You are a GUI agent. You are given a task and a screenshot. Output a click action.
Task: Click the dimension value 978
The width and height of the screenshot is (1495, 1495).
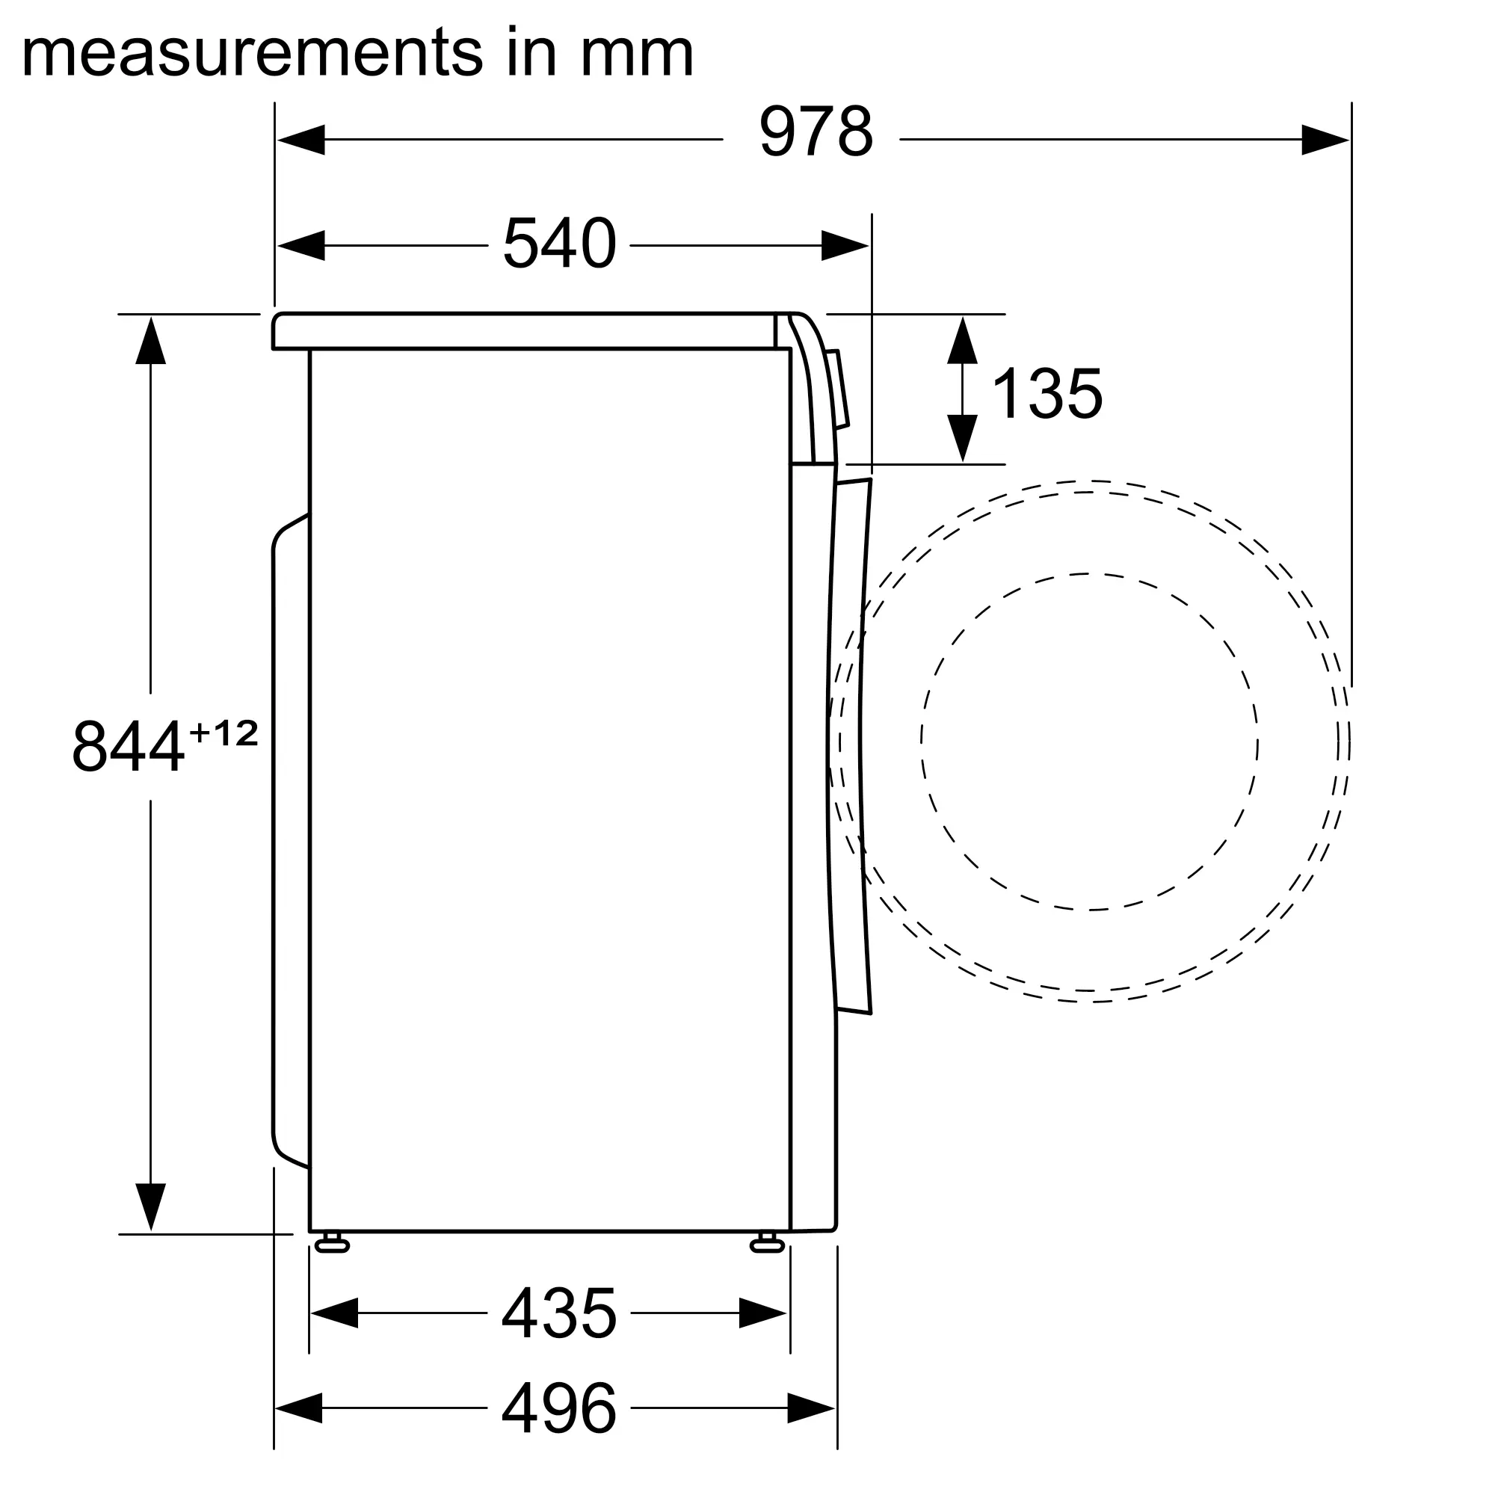coord(816,132)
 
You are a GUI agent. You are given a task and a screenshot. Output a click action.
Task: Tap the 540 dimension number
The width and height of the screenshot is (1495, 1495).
coord(559,244)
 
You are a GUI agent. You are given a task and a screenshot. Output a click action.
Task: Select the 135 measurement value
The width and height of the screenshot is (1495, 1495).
coord(1047,394)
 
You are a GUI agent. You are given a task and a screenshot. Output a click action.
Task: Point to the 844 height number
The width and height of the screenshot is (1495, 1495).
coord(129,747)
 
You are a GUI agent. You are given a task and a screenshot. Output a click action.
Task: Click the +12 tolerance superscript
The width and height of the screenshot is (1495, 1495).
coord(224,733)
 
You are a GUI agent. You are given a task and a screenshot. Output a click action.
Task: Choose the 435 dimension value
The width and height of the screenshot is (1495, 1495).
coord(559,1313)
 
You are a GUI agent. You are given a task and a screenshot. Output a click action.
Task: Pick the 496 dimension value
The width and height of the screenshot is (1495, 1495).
coord(559,1408)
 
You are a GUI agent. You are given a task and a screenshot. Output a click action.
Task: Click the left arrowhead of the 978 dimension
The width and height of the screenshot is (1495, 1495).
coord(300,140)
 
